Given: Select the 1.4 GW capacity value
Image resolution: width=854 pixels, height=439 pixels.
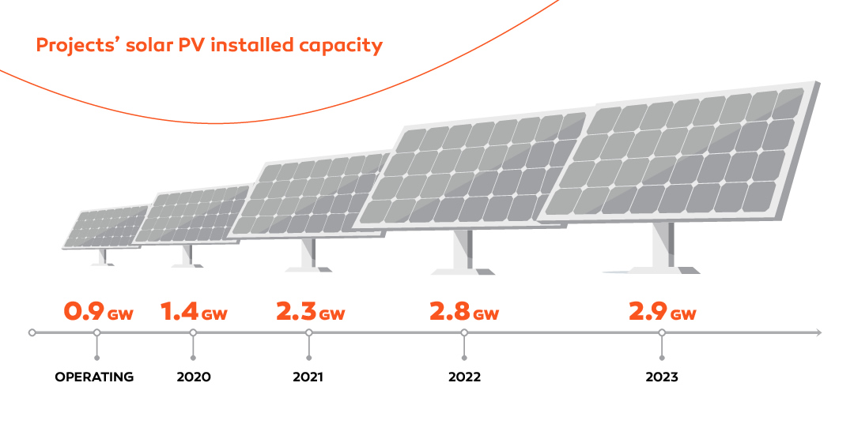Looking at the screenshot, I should pyautogui.click(x=194, y=311).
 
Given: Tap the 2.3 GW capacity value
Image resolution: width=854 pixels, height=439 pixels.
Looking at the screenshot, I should pyautogui.click(x=310, y=311).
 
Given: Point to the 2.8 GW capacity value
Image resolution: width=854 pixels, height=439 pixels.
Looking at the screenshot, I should pyautogui.click(x=464, y=311).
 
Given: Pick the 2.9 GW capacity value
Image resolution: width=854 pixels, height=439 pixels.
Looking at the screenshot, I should pyautogui.click(x=662, y=311).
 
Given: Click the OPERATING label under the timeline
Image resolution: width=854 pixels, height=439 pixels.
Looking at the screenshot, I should pyautogui.click(x=94, y=377).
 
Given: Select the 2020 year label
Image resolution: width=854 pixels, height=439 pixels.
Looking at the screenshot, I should pyautogui.click(x=194, y=377).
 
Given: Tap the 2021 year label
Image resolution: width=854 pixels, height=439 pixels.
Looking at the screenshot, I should pyautogui.click(x=308, y=377).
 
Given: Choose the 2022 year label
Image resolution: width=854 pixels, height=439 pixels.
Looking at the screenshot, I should pyautogui.click(x=464, y=377).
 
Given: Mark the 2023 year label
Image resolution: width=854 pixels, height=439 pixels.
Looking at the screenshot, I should pyautogui.click(x=662, y=377).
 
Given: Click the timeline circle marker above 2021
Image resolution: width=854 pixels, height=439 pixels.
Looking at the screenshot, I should pyautogui.click(x=308, y=333).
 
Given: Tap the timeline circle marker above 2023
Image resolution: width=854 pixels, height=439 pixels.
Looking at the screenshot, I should pyautogui.click(x=662, y=333).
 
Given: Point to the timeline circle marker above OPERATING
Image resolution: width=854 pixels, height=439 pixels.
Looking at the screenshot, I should pyautogui.click(x=96, y=333).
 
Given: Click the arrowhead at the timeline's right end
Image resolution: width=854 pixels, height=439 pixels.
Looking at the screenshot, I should pyautogui.click(x=818, y=333).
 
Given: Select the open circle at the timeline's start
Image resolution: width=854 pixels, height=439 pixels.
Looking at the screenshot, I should pyautogui.click(x=32, y=333).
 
